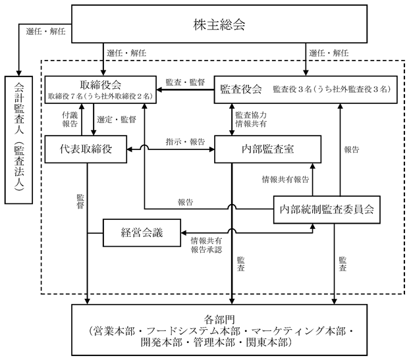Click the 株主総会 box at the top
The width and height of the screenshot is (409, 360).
219,24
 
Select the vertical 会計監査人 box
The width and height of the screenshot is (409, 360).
19,140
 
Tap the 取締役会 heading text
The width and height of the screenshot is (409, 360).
100,85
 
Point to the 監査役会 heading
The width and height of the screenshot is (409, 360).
241,89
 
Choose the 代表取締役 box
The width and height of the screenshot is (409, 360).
86,149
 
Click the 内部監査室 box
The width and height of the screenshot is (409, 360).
267,149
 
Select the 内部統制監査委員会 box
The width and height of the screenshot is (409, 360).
327,209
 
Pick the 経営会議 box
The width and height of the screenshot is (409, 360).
142,232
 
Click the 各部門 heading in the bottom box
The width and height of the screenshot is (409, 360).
219,320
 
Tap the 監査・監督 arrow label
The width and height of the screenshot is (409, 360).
185,82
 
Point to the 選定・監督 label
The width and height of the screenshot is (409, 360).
117,120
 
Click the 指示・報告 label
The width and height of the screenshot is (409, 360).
186,141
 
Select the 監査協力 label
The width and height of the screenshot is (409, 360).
251,115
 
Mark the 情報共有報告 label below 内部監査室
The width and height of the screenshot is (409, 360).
285,180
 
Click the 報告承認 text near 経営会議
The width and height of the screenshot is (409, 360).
206,249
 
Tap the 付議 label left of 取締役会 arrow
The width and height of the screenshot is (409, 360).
70,115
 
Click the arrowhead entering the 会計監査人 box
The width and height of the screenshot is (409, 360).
19,73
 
